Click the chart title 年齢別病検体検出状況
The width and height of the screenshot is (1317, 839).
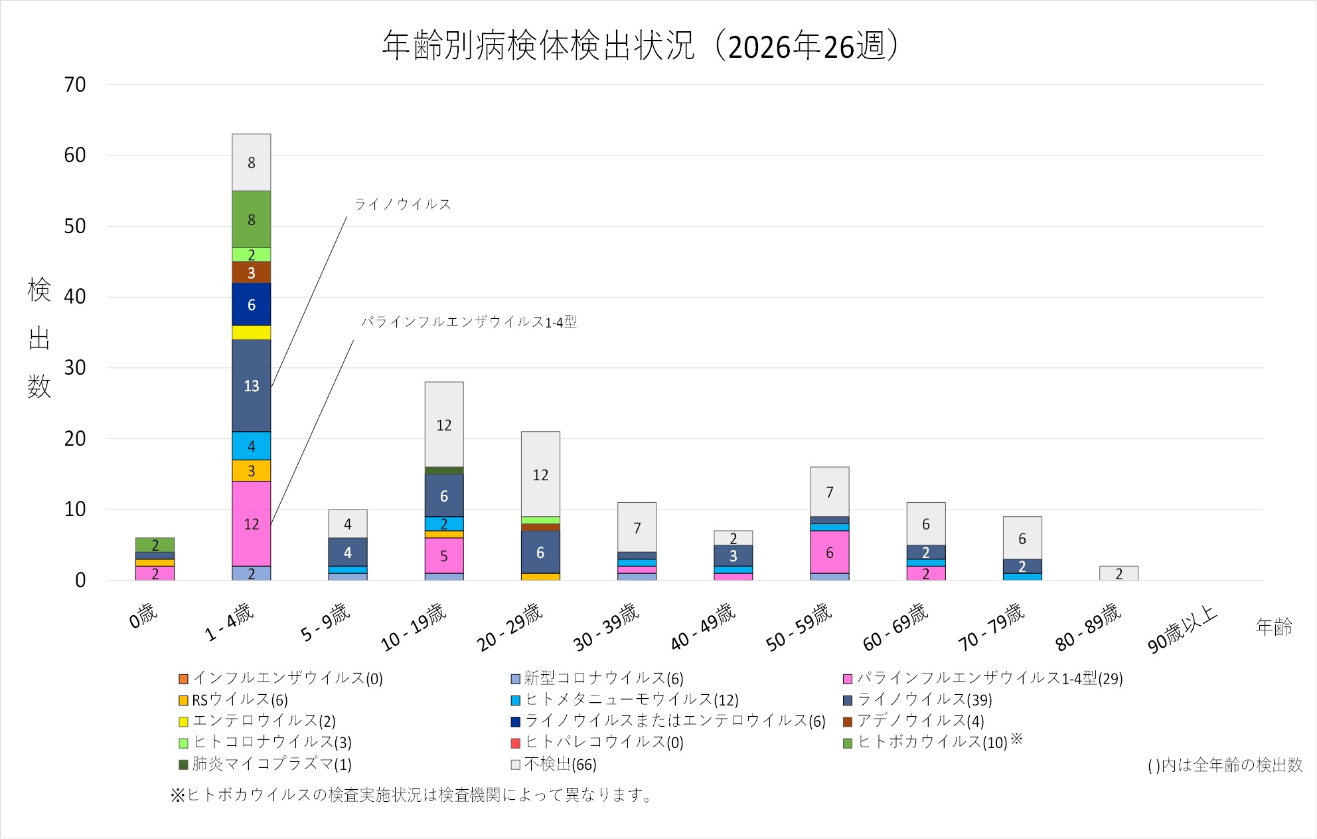(538, 46)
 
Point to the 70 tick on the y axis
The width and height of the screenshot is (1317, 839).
(75, 84)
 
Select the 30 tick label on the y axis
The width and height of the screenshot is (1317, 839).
(75, 367)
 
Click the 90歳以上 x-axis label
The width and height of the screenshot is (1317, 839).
(1183, 628)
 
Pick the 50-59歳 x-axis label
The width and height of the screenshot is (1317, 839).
(799, 626)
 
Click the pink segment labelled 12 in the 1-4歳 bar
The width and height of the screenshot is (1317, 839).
(251, 523)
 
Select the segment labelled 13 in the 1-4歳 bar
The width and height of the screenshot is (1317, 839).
(251, 385)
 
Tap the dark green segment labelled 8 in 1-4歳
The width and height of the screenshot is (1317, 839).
(251, 219)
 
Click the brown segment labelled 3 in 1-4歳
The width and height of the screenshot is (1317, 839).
(251, 272)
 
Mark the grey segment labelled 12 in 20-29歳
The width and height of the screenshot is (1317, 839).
(540, 474)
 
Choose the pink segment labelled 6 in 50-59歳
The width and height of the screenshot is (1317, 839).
(830, 552)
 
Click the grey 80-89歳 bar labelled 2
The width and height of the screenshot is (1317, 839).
(1119, 573)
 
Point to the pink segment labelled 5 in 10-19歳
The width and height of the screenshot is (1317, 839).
(444, 555)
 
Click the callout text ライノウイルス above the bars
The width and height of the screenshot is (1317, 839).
(402, 204)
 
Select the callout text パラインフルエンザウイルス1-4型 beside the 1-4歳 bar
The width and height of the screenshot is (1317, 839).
(469, 322)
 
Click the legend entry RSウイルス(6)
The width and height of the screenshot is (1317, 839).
(234, 699)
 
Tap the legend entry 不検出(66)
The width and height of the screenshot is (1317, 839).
(554, 764)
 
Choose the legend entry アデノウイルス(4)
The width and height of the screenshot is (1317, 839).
(913, 721)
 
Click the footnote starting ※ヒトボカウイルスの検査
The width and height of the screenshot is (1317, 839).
(412, 794)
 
